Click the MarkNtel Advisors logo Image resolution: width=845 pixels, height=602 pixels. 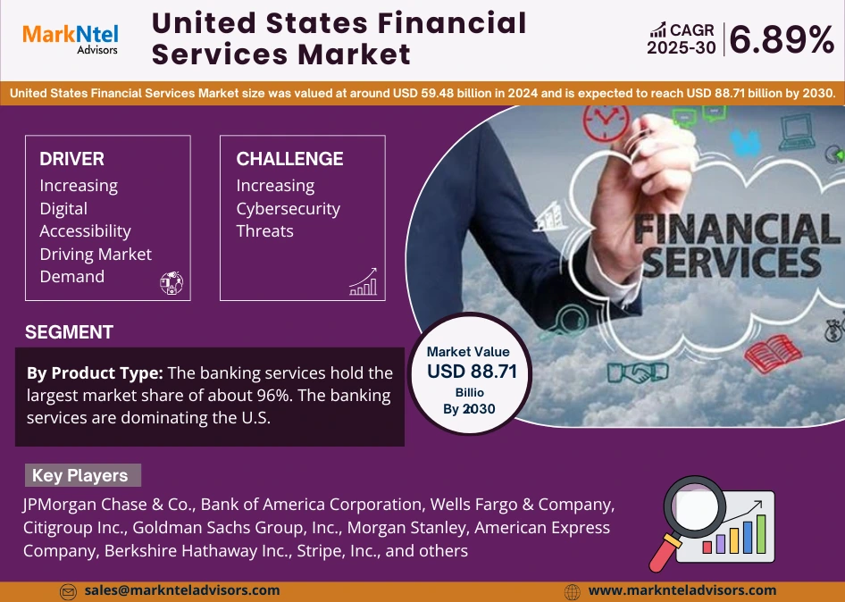[70, 38]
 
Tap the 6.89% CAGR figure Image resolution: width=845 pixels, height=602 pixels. [782, 39]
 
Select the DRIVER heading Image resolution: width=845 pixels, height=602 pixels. [71, 159]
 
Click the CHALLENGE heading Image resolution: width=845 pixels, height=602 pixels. [289, 159]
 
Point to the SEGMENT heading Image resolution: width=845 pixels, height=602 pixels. [69, 332]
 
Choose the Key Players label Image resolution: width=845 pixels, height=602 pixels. [79, 475]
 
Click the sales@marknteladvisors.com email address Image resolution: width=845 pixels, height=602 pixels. [181, 590]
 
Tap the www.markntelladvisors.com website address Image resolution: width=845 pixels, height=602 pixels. [682, 590]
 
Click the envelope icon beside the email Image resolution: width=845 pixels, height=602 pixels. [68, 591]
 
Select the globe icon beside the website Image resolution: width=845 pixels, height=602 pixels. [573, 591]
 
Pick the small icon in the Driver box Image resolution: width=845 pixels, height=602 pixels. [171, 283]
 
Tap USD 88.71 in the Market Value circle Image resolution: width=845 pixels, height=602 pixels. [472, 372]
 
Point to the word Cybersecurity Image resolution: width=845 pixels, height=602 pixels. [288, 209]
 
